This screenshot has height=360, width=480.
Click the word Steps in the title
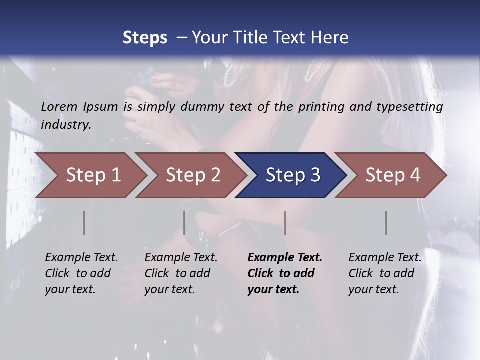(145, 38)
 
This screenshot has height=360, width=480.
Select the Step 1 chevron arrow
(90, 175)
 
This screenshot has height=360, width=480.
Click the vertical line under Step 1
(84, 223)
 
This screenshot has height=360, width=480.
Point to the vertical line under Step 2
(184, 223)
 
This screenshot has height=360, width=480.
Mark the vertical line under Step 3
(285, 223)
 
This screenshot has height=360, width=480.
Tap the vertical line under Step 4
(386, 223)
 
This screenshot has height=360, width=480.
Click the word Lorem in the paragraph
(59, 107)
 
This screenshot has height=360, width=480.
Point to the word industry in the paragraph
(66, 124)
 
